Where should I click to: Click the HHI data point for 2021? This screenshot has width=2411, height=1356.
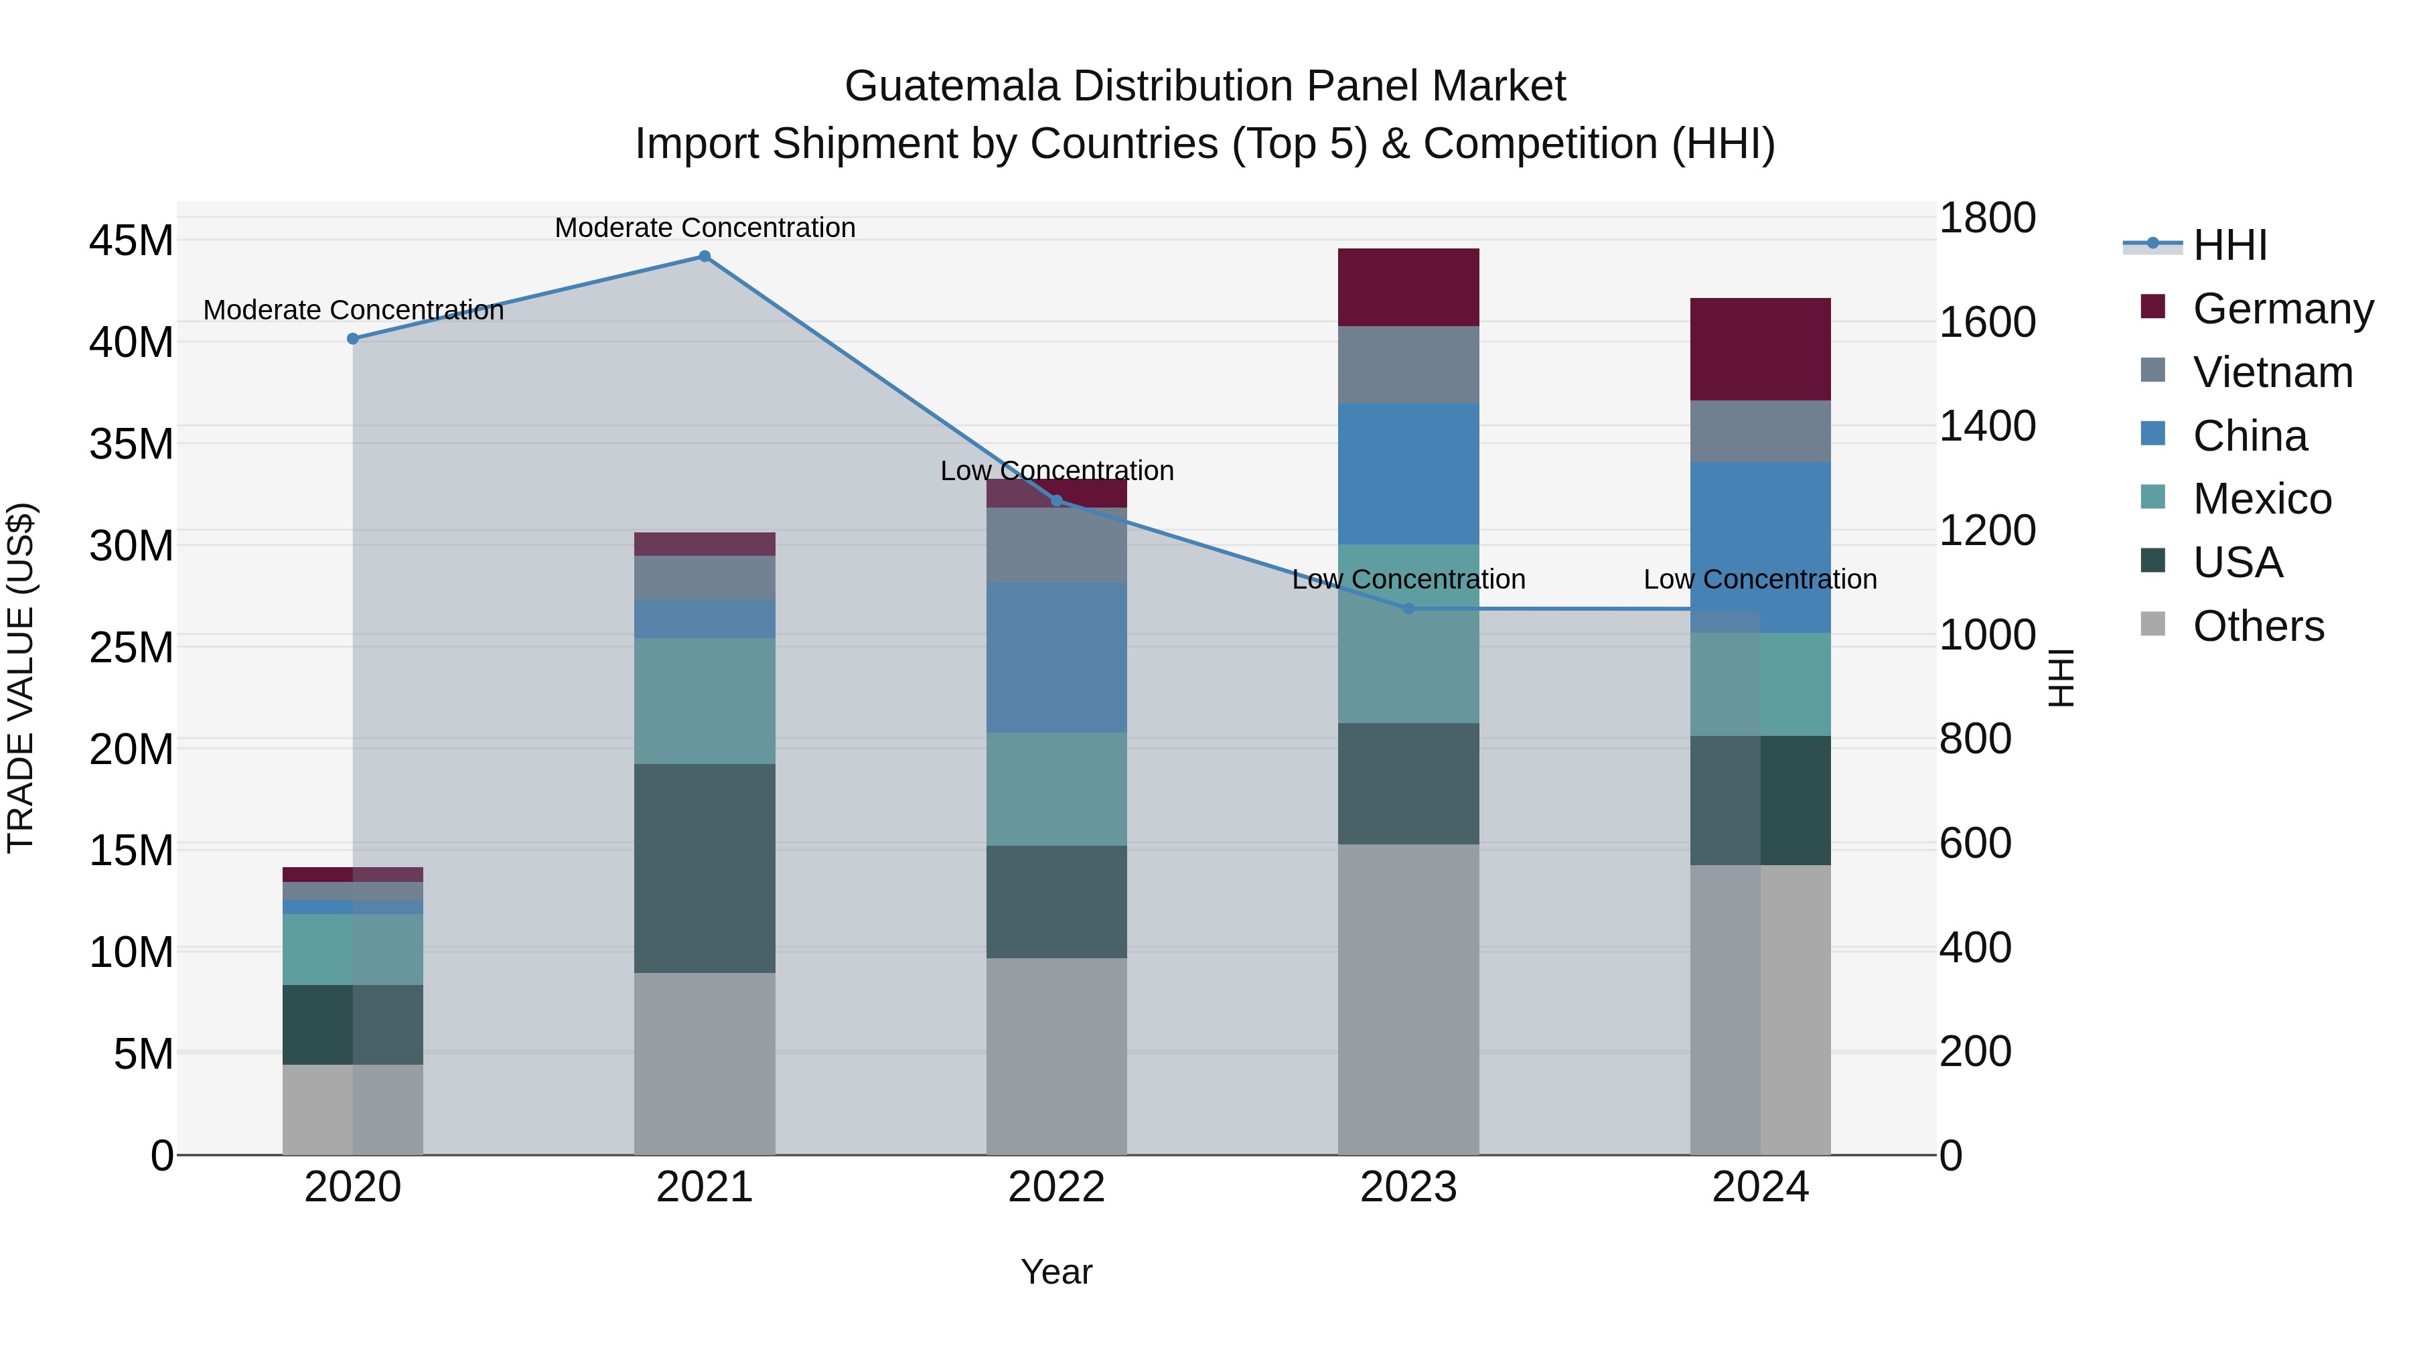[705, 256]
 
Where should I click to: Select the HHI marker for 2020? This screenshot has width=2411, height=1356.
[353, 339]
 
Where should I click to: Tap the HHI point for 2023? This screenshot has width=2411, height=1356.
[1408, 608]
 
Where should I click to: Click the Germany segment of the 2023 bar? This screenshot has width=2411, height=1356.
[1408, 287]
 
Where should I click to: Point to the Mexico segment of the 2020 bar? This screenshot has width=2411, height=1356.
[353, 949]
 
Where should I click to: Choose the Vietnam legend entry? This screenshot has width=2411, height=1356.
[2272, 372]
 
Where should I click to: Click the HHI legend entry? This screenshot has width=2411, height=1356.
[2230, 245]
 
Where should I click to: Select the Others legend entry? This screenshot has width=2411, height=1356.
[2258, 626]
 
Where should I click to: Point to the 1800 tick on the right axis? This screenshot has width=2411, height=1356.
[1987, 218]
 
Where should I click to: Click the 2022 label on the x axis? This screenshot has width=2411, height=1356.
[1057, 1187]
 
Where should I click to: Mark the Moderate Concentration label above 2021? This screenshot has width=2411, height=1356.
[705, 228]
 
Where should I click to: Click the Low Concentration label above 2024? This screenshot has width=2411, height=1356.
[1759, 579]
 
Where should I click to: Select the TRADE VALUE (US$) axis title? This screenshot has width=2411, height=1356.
[21, 678]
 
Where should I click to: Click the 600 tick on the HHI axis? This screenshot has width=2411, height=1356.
[1975, 843]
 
